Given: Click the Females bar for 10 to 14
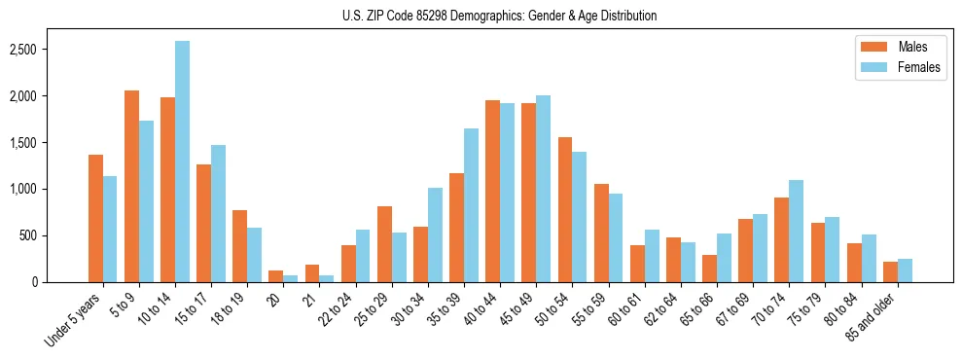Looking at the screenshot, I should (x=183, y=162).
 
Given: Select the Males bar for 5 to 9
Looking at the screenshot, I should (x=132, y=186).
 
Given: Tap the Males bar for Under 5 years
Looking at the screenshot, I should (x=96, y=218).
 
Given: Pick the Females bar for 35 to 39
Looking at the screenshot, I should (x=472, y=205).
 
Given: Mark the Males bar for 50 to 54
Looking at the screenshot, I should (x=565, y=209).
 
